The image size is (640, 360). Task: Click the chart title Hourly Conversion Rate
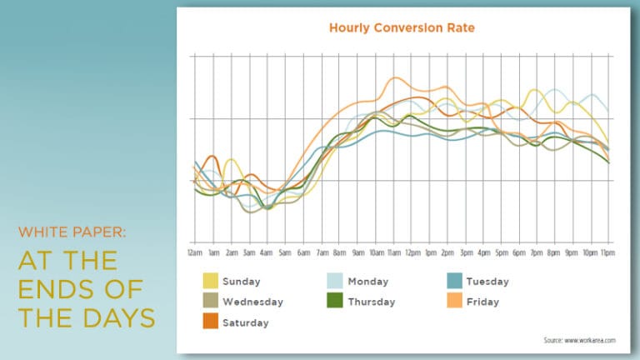pyautogui.click(x=402, y=28)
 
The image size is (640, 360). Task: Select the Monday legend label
pyautogui.click(x=368, y=282)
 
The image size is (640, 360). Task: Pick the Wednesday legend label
pyautogui.click(x=252, y=302)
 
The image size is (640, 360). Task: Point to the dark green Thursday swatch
pyautogui.click(x=333, y=302)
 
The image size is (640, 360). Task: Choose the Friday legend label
pyautogui.click(x=482, y=302)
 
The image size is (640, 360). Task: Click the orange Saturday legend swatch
pyautogui.click(x=210, y=322)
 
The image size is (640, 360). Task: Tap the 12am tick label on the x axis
pyautogui.click(x=195, y=251)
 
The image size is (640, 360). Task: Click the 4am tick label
pyautogui.click(x=267, y=251)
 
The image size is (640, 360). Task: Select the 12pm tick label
pyautogui.click(x=412, y=251)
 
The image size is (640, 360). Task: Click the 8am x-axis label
pyautogui.click(x=339, y=251)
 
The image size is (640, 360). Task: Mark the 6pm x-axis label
pyautogui.click(x=519, y=251)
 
